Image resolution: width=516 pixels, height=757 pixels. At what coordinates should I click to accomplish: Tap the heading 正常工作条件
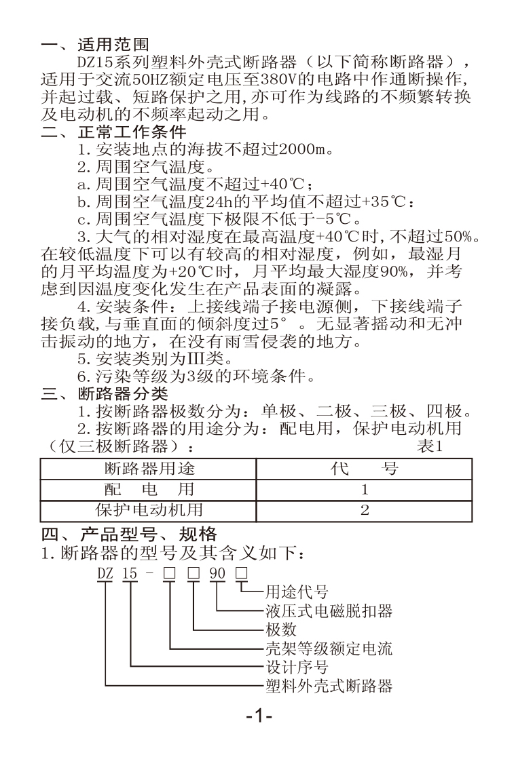click(132, 132)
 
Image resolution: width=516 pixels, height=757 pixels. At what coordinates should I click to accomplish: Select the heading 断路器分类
click(123, 393)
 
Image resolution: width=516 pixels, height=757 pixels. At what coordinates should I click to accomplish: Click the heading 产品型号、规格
click(149, 534)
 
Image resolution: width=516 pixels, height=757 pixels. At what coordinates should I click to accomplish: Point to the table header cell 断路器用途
click(149, 468)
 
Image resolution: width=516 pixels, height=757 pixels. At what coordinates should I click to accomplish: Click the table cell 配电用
click(149, 489)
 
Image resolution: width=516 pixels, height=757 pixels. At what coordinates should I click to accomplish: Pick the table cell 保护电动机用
click(149, 510)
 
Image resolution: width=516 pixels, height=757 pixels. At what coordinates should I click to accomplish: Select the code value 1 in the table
click(365, 490)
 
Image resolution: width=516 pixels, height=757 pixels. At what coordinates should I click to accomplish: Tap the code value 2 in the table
click(365, 510)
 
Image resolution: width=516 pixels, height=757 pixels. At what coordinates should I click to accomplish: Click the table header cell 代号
click(365, 468)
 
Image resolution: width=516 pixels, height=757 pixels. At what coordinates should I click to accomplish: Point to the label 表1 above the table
click(430, 446)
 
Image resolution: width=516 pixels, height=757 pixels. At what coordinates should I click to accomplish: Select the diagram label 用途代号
click(297, 591)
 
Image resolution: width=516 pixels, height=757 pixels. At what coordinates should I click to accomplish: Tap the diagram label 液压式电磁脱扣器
click(329, 610)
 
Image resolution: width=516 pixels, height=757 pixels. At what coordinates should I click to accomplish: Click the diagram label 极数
click(280, 629)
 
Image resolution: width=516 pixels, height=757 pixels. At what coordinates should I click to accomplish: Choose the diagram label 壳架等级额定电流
click(329, 648)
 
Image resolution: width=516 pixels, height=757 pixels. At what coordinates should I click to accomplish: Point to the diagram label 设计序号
click(297, 667)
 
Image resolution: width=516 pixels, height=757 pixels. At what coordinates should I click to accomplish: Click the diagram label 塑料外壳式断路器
click(329, 686)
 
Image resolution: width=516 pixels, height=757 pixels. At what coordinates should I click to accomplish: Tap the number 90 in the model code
click(217, 573)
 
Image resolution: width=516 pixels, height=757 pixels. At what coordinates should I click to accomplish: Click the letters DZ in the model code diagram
click(105, 573)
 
